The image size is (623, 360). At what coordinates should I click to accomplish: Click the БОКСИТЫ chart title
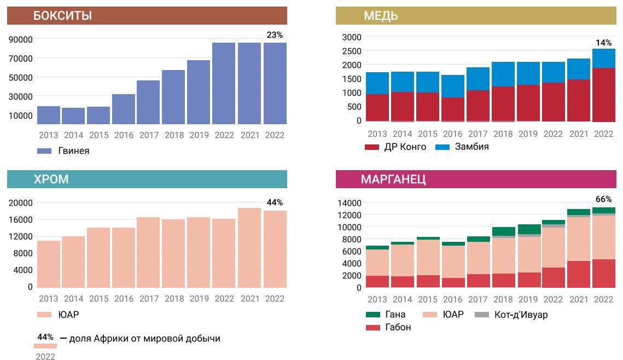pos(62,16)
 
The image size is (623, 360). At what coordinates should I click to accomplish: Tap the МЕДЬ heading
pos(381,16)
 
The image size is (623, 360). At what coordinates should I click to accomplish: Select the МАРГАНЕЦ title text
pos(393,179)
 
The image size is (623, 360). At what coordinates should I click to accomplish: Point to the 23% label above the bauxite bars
pos(275,35)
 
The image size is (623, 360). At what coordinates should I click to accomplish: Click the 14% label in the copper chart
pos(603,43)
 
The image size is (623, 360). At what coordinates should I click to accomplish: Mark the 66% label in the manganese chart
pos(603,199)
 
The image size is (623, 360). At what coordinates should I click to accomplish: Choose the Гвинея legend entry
pos(73,151)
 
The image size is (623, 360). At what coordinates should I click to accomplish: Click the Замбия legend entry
pos(471,147)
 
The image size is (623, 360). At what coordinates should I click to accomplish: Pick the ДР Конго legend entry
pos(405,147)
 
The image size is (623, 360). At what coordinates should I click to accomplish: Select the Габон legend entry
pos(398,327)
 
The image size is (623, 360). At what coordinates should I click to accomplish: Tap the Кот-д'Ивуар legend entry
pos(520,315)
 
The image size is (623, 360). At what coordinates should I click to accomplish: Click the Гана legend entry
pos(395,315)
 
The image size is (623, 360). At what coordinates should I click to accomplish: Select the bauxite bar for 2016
pos(124,109)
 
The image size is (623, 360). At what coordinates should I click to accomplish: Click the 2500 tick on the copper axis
pos(352,51)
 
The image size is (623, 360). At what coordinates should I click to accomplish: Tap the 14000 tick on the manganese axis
pos(350,203)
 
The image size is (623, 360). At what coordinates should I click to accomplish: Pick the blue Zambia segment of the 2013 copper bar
pos(377,83)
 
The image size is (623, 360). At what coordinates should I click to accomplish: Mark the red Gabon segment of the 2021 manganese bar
pos(579,274)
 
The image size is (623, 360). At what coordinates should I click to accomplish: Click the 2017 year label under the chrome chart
pos(149,299)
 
